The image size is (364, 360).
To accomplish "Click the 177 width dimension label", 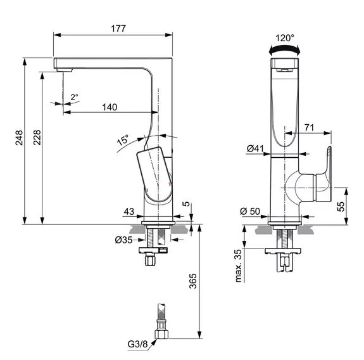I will point(118,28).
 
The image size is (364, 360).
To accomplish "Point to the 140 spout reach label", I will point(110,107).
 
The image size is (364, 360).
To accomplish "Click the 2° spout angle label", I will point(74,97).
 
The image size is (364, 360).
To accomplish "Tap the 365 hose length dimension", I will point(194,280).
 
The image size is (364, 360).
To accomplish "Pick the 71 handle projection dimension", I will point(309,127).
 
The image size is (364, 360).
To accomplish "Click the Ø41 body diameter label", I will point(255,149).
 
